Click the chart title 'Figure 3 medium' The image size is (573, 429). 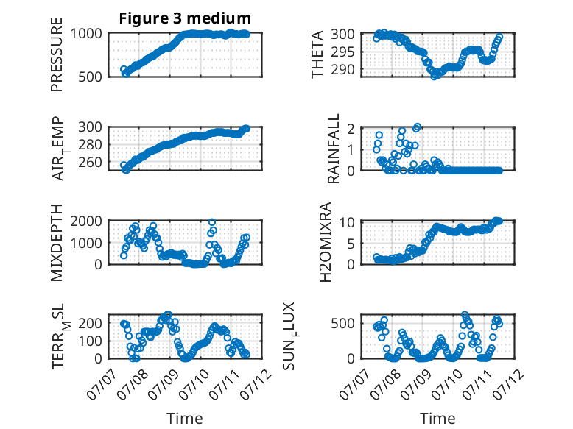click(x=185, y=18)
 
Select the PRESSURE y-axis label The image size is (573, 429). click(x=57, y=54)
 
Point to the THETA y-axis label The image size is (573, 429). click(x=317, y=54)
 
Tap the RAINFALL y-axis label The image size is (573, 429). click(x=334, y=149)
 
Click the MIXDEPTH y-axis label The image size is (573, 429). click(x=57, y=242)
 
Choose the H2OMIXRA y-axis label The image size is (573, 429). click(x=325, y=242)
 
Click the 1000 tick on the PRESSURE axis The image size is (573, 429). click(x=86, y=34)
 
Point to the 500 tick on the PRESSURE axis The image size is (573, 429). click(x=90, y=77)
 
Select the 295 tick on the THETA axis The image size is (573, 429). click(x=342, y=52)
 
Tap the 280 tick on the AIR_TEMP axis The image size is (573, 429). click(x=90, y=144)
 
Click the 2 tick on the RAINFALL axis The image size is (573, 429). click(x=351, y=129)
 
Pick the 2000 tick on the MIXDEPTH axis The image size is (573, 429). click(x=86, y=221)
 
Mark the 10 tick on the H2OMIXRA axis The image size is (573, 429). click(x=347, y=222)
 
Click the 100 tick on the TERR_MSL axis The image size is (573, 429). click(x=90, y=341)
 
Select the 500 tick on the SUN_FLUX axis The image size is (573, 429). click(x=342, y=323)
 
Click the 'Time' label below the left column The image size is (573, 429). click(x=185, y=419)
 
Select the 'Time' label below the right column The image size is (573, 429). click(x=437, y=419)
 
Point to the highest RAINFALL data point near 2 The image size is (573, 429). click(x=418, y=127)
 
